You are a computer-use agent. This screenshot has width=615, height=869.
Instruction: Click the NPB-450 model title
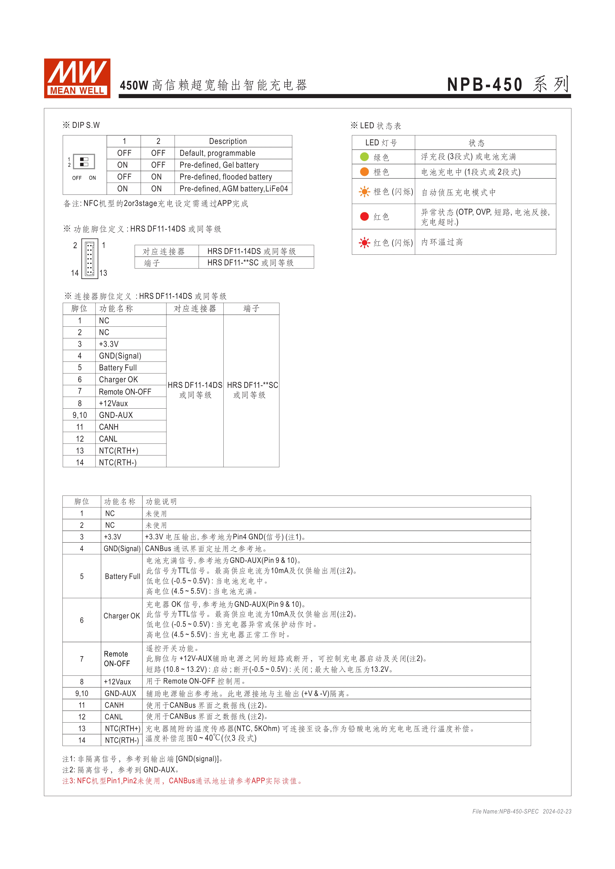tap(485, 84)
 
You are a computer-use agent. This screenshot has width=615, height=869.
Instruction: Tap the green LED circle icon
tap(364, 157)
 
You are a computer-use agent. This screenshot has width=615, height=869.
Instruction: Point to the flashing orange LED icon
tap(364, 192)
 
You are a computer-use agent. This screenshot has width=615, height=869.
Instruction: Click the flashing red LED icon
tap(364, 242)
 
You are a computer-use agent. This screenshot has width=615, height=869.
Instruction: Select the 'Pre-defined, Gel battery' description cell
tap(219, 165)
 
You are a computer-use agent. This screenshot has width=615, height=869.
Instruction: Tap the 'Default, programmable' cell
tap(217, 153)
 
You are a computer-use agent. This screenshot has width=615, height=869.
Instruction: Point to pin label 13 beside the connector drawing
tap(103, 273)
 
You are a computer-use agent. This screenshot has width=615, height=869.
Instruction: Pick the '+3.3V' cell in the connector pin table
tap(109, 344)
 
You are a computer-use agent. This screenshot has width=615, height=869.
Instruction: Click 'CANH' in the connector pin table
tap(109, 427)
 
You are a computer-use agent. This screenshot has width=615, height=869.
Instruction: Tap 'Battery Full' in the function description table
tap(122, 576)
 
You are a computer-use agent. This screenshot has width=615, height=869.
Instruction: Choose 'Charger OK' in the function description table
tap(122, 616)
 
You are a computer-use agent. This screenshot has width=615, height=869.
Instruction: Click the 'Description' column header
tap(228, 141)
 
